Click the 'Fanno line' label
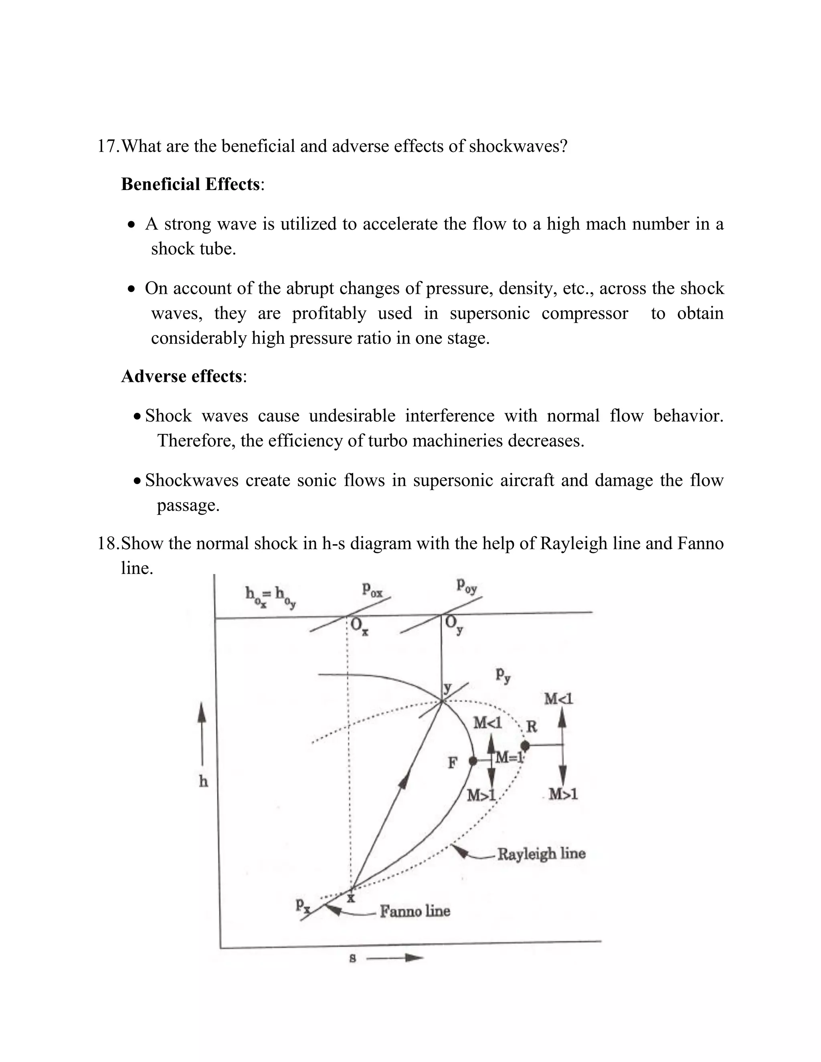415,911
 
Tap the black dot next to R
525,745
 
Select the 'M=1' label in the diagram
509,757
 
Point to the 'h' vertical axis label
203,781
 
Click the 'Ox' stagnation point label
359,626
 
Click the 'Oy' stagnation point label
454,624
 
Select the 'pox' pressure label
372,590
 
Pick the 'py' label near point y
503,675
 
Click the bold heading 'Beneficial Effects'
190,184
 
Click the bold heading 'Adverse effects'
182,376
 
